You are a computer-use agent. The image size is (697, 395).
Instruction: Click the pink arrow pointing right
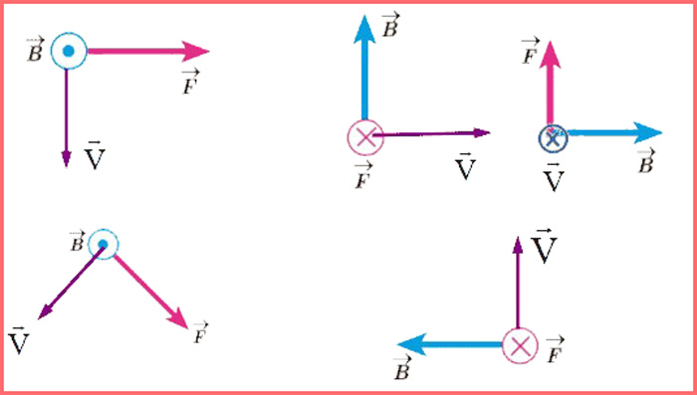tap(148, 51)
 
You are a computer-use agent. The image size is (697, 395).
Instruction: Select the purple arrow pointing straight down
tap(67, 118)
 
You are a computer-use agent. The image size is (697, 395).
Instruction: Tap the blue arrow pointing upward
tap(364, 68)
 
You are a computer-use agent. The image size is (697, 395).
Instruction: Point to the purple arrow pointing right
tap(431, 133)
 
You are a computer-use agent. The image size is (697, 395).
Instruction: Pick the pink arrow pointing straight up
tap(550, 84)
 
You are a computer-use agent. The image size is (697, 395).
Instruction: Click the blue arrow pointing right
tap(614, 132)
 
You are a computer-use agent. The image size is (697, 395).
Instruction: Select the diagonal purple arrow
tap(71, 283)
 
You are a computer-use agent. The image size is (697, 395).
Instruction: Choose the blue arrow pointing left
tap(450, 344)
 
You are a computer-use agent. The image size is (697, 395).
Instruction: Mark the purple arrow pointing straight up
tap(518, 283)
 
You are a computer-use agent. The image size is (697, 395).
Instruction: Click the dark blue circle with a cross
tap(553, 138)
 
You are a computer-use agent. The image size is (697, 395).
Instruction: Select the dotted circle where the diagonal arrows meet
tap(104, 244)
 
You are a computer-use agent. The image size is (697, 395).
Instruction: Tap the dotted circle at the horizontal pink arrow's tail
tap(69, 51)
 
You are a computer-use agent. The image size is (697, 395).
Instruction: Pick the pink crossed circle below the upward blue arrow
tap(365, 137)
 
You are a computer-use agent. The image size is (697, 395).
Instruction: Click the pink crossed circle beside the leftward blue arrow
tap(520, 346)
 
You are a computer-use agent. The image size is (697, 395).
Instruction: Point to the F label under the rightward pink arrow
tap(191, 82)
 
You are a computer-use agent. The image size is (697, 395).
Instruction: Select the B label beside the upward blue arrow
tap(390, 25)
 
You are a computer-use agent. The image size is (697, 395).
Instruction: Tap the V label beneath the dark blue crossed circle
tap(554, 177)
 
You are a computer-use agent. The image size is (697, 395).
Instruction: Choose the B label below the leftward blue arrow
tap(403, 367)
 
